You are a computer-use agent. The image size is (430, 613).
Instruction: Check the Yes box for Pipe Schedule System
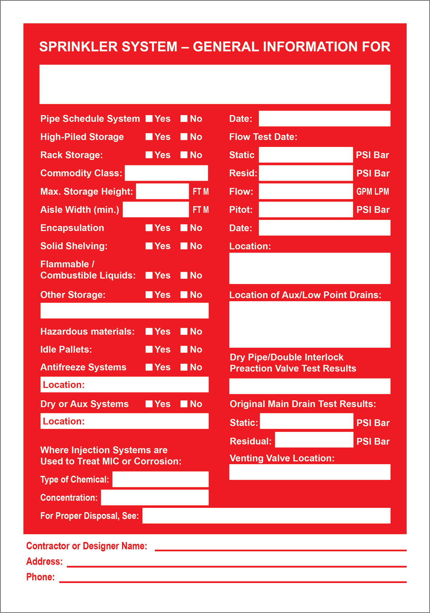(x=149, y=119)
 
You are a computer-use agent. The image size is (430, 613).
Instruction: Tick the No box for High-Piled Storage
(x=184, y=137)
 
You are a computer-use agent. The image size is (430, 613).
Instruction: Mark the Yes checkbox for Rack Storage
(x=149, y=155)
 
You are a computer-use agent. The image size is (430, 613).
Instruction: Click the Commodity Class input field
(x=166, y=173)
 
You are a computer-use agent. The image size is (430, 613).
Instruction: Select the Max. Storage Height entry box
(x=162, y=191)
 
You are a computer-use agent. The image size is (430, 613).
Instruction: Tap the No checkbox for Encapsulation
(x=184, y=228)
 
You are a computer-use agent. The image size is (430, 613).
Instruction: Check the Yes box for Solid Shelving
(x=149, y=246)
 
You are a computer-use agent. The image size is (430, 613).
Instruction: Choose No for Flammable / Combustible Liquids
(x=184, y=275)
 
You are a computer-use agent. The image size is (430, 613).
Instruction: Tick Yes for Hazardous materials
(x=149, y=331)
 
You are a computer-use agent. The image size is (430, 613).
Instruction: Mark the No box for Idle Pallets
(x=184, y=349)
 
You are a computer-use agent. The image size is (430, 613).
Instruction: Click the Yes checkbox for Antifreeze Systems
(x=149, y=367)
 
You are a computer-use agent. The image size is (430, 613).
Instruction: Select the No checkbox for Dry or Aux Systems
(x=184, y=404)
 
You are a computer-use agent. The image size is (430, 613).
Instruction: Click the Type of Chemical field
(x=160, y=479)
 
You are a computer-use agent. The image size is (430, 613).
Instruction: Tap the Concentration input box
(x=154, y=497)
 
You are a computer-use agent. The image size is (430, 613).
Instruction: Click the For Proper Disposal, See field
(x=266, y=515)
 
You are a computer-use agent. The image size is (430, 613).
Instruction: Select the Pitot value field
(x=306, y=209)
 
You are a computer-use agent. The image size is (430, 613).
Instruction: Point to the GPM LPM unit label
(x=372, y=191)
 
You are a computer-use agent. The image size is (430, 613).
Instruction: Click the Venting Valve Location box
(x=309, y=472)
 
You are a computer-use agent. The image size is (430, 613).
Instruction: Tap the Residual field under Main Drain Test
(x=314, y=439)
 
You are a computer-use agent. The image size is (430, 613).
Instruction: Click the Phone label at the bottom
(x=41, y=577)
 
